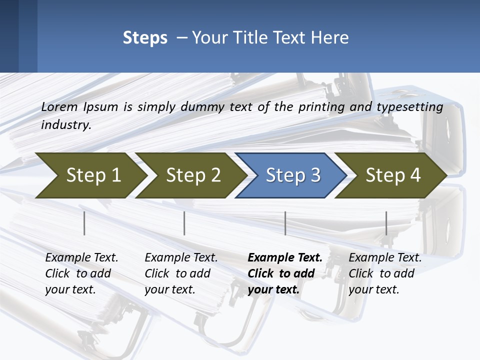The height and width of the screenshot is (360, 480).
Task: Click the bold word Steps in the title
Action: [x=145, y=38]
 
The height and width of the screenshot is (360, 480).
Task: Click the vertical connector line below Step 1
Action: [x=84, y=223]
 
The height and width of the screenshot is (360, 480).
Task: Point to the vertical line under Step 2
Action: [x=184, y=223]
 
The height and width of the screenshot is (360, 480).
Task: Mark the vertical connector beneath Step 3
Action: [x=285, y=223]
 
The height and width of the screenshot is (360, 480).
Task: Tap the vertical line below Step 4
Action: [x=386, y=223]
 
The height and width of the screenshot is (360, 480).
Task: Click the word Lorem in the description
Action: [x=59, y=107]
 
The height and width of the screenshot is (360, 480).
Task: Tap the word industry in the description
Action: [x=66, y=125]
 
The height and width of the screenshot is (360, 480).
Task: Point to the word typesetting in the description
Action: [x=409, y=107]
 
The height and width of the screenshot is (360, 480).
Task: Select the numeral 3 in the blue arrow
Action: [x=315, y=175]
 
